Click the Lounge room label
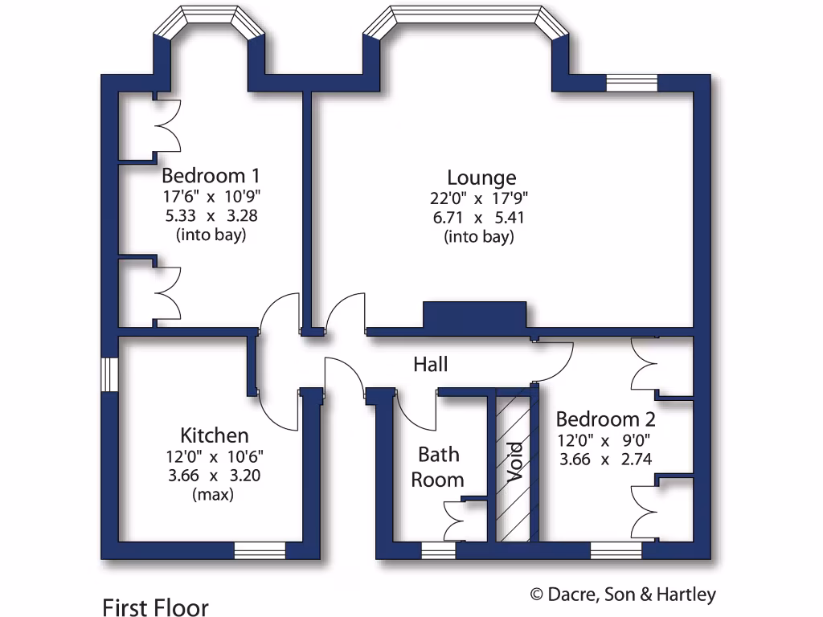tap(481, 178)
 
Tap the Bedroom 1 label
tap(211, 175)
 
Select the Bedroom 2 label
tap(605, 419)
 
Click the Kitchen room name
tap(214, 435)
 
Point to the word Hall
tap(430, 365)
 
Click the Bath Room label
tap(438, 467)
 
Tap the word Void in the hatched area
tap(515, 462)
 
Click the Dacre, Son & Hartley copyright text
tap(623, 595)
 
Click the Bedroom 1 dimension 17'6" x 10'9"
tap(211, 195)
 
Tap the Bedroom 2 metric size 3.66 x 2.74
tap(604, 459)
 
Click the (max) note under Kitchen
tap(213, 495)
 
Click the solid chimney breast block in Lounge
tap(474, 314)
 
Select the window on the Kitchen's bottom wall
tap(260, 550)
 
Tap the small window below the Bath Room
tap(438, 550)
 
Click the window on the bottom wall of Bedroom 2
tap(616, 550)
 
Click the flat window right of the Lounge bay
tap(631, 84)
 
